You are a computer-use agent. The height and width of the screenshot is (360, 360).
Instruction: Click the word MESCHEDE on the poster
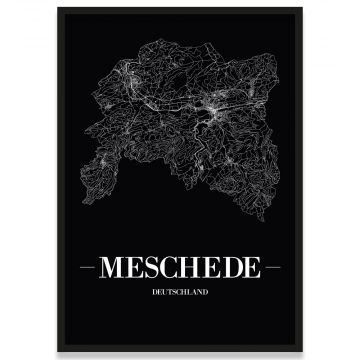click(x=179, y=269)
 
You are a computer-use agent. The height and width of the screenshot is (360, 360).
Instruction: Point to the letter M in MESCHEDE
click(x=112, y=269)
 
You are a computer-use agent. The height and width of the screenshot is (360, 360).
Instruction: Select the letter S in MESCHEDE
click(x=151, y=269)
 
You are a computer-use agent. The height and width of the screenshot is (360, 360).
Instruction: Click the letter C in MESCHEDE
click(x=170, y=269)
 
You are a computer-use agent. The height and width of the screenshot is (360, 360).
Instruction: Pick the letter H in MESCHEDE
click(x=190, y=269)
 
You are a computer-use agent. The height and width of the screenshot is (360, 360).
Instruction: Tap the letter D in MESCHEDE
click(x=229, y=269)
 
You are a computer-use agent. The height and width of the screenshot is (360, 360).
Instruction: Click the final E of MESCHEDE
click(x=248, y=269)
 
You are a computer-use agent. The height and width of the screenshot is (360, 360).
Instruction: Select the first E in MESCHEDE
click(x=133, y=269)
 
